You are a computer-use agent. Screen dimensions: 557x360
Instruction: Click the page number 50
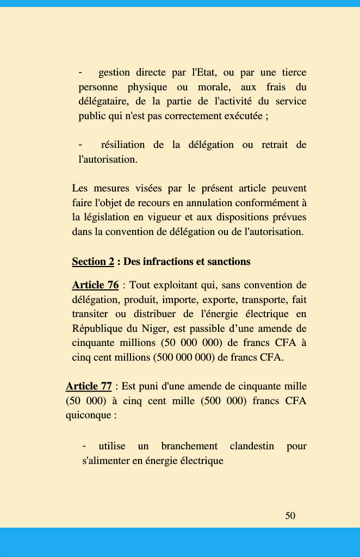290,516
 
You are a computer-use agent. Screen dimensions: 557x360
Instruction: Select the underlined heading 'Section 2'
93,262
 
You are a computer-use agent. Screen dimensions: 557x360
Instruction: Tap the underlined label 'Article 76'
95,285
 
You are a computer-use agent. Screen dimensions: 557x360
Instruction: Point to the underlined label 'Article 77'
89,386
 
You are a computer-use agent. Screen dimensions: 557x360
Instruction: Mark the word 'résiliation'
123,145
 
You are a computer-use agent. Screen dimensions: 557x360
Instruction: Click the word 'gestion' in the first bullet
114,72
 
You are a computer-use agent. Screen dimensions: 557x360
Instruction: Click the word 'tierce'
294,72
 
